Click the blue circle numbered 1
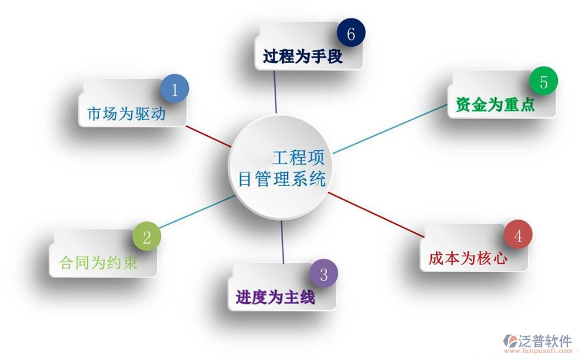[x=175, y=89]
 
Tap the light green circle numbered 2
[x=147, y=236]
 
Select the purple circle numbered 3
[x=324, y=273]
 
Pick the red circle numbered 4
[x=518, y=235]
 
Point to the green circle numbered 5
[x=543, y=81]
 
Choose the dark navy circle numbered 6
[x=351, y=33]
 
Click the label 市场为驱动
[x=127, y=113]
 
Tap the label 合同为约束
[x=98, y=263]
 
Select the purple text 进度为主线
[x=275, y=297]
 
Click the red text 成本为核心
[x=468, y=258]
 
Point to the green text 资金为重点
[x=495, y=105]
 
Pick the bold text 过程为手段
[x=303, y=57]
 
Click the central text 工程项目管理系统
[x=282, y=168]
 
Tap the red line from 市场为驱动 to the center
[x=209, y=136]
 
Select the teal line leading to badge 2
[x=198, y=211]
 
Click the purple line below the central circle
[x=283, y=242]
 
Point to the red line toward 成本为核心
[x=376, y=214]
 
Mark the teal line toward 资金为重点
[x=390, y=129]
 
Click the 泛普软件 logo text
[x=544, y=342]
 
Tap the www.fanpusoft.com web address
[x=538, y=351]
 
